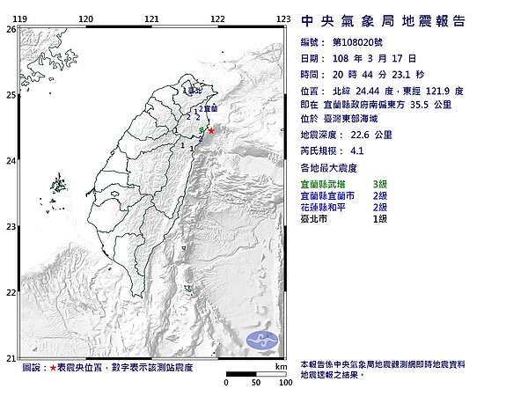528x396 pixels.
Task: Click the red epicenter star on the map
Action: pyautogui.click(x=210, y=129)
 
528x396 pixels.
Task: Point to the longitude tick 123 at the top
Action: pyautogui.click(x=283, y=18)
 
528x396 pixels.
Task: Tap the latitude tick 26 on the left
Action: pyautogui.click(x=11, y=28)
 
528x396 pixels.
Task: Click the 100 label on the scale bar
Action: pyautogui.click(x=284, y=384)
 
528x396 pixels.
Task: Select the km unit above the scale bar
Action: pyautogui.click(x=281, y=366)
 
